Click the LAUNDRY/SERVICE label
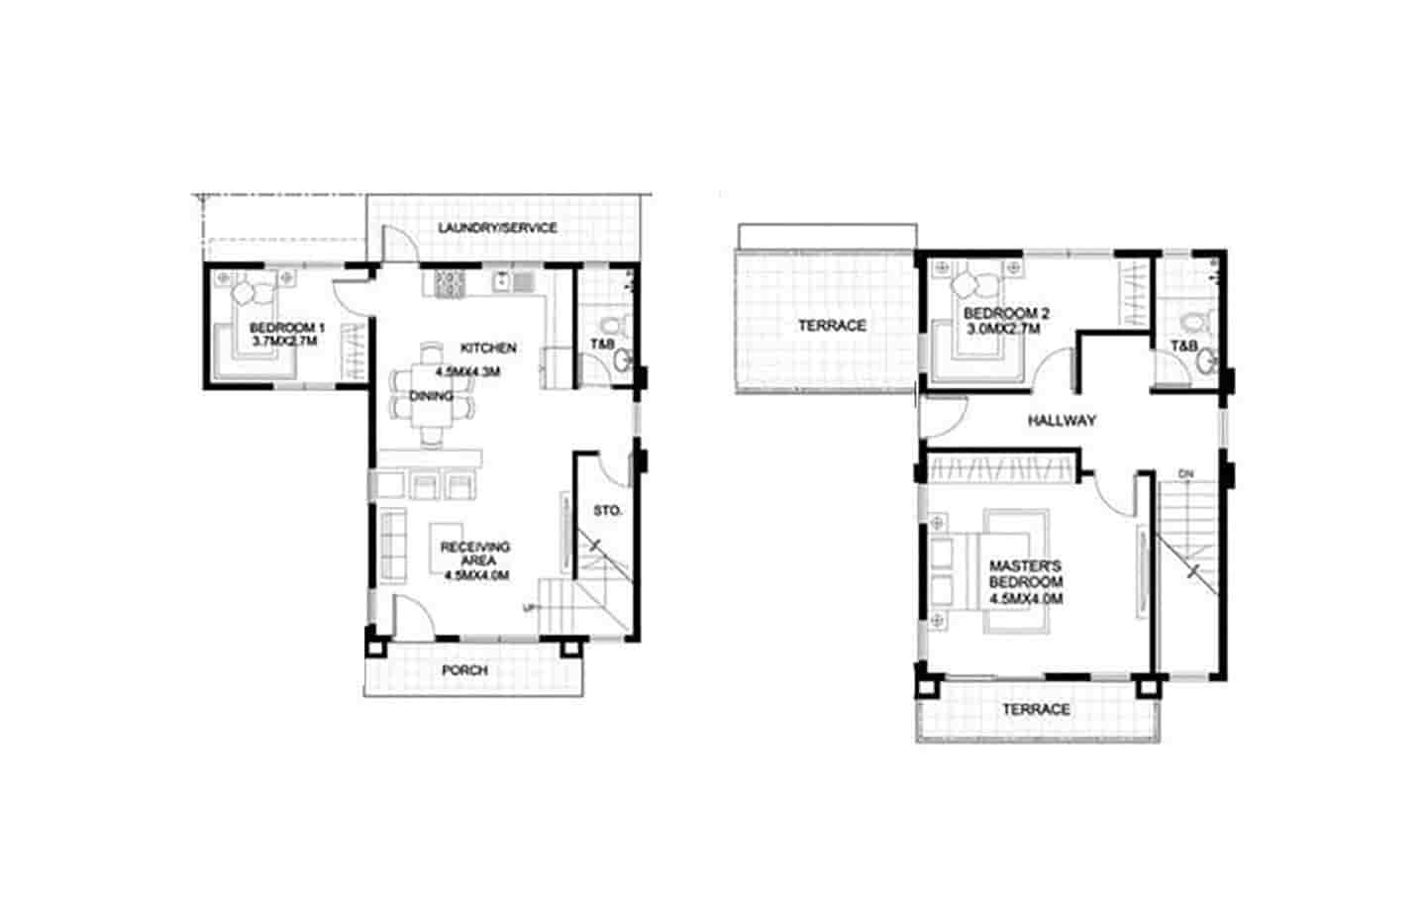(x=497, y=228)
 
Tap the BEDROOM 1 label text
(x=286, y=328)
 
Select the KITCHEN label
(x=487, y=348)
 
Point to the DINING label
(x=432, y=396)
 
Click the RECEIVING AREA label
(x=475, y=554)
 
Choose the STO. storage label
(x=607, y=511)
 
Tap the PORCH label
(x=464, y=670)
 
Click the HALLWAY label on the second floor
(x=1062, y=420)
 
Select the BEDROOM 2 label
(x=1006, y=314)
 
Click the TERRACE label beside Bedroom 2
(x=832, y=325)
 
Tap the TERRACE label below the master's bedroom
(x=1036, y=709)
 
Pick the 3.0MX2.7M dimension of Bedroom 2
(x=1003, y=328)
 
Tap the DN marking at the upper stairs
(x=1186, y=474)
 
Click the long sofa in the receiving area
(x=392, y=546)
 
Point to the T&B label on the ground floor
(x=602, y=344)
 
